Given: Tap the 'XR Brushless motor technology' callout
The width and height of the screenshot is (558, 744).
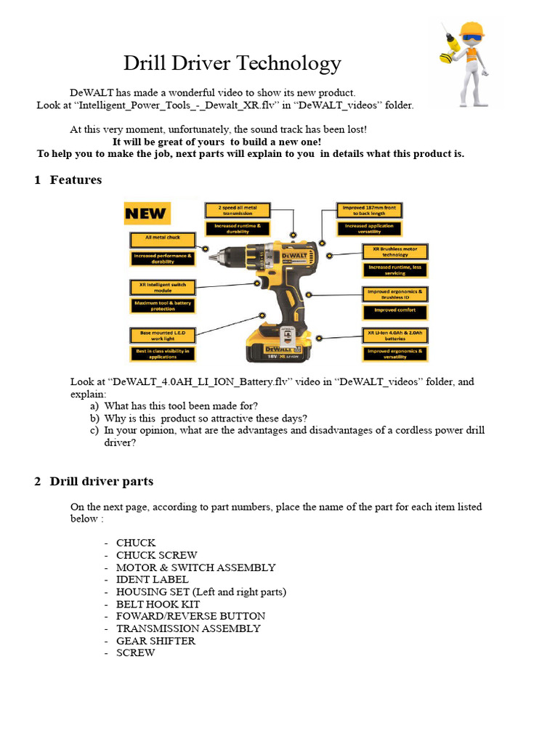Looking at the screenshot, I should click(x=395, y=251).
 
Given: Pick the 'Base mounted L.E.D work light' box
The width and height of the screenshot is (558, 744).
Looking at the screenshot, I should click(x=163, y=335).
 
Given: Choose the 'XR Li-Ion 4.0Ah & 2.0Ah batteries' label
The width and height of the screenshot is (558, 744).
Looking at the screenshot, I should click(x=395, y=335).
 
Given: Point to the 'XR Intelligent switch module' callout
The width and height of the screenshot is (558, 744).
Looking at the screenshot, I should click(x=163, y=287).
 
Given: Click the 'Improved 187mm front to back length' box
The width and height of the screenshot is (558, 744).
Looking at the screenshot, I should click(x=369, y=210).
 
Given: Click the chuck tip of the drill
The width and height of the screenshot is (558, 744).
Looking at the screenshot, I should click(x=213, y=256).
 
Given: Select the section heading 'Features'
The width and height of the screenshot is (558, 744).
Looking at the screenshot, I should click(x=76, y=179).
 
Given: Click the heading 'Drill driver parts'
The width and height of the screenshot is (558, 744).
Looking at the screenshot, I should click(x=101, y=481).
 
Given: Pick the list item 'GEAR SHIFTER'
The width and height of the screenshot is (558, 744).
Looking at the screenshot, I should click(x=155, y=641).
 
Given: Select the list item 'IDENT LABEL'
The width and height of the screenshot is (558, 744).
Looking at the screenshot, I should click(x=152, y=580).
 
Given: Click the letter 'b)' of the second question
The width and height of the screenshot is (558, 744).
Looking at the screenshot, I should click(x=94, y=418).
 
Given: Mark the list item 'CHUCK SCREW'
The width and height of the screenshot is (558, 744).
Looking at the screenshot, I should click(x=156, y=555).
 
